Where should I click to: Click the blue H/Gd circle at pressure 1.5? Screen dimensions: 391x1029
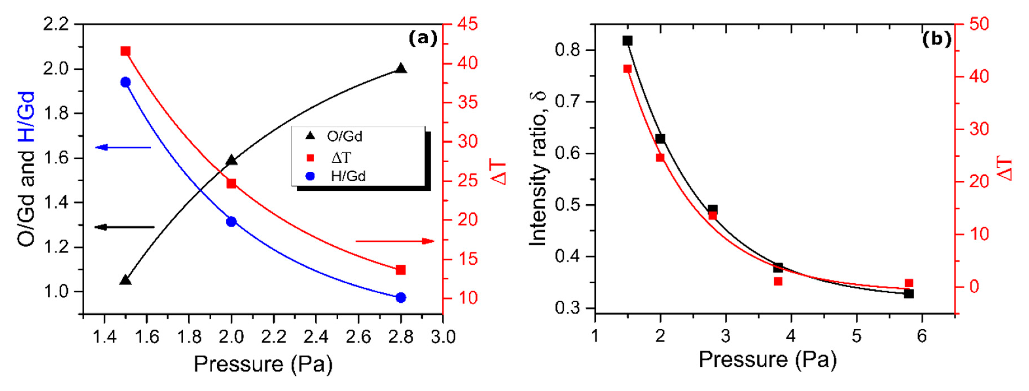[x=125, y=82]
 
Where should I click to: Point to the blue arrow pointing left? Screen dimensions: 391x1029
[x=123, y=148]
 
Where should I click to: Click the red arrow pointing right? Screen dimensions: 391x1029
[x=395, y=241]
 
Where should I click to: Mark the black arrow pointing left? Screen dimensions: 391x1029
[x=124, y=227]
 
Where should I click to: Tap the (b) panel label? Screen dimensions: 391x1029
[x=936, y=39]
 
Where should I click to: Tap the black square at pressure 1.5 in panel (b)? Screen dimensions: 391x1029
[x=627, y=41]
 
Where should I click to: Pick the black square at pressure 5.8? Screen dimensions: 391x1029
[x=909, y=294]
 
